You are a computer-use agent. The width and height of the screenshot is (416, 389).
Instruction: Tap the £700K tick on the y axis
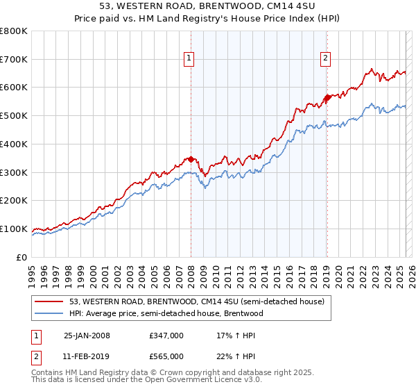tap(14, 60)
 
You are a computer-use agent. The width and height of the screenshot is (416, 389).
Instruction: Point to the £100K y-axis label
tap(14, 229)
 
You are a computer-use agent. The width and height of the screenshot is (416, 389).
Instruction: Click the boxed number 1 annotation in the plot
tap(188, 59)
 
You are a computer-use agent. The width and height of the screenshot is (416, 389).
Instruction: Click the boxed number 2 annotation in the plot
tap(324, 59)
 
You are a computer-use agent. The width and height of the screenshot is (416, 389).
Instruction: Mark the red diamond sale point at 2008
tap(191, 159)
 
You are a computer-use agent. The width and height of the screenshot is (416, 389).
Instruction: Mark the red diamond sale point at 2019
tap(327, 98)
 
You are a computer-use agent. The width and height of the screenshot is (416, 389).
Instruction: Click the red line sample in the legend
tap(49, 302)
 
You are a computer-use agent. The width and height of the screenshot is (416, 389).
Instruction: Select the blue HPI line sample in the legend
tap(49, 314)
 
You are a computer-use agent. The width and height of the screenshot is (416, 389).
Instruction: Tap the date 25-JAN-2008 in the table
tap(87, 336)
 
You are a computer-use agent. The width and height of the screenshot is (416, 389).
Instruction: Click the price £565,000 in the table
tap(166, 356)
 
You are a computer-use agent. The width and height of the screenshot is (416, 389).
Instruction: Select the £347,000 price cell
tap(166, 336)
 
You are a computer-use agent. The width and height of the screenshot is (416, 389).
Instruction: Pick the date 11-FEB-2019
tap(87, 356)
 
